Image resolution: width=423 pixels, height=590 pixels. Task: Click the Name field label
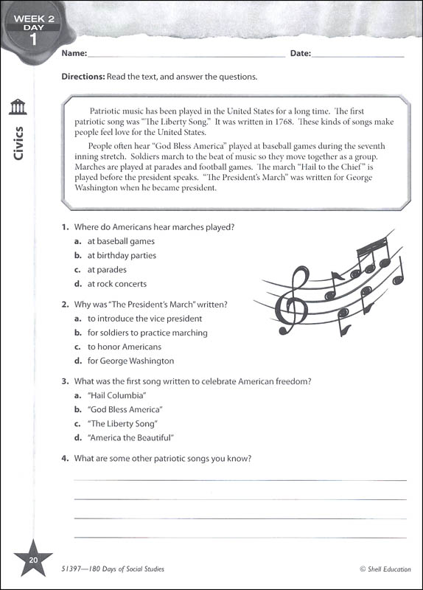coord(74,53)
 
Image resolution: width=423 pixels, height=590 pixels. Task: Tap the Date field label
coord(300,53)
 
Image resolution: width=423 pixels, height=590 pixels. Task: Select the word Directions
coord(83,77)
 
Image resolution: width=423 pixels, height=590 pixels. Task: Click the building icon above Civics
coord(18,108)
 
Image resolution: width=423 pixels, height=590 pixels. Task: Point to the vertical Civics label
coord(18,144)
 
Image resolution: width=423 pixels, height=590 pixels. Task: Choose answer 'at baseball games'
coord(121,241)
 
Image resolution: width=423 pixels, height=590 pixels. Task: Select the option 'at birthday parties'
coord(122,255)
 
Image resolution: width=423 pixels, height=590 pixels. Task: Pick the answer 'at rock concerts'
coord(117,284)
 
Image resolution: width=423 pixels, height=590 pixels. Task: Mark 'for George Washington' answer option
coord(130,361)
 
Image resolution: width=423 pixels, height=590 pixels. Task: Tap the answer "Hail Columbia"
coord(112,395)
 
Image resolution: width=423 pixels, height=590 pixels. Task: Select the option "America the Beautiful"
coord(130,438)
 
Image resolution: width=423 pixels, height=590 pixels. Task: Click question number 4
coord(65,459)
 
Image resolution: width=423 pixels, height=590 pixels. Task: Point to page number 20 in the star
coord(32,561)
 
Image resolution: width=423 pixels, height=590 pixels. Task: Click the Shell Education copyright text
coord(382,569)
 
